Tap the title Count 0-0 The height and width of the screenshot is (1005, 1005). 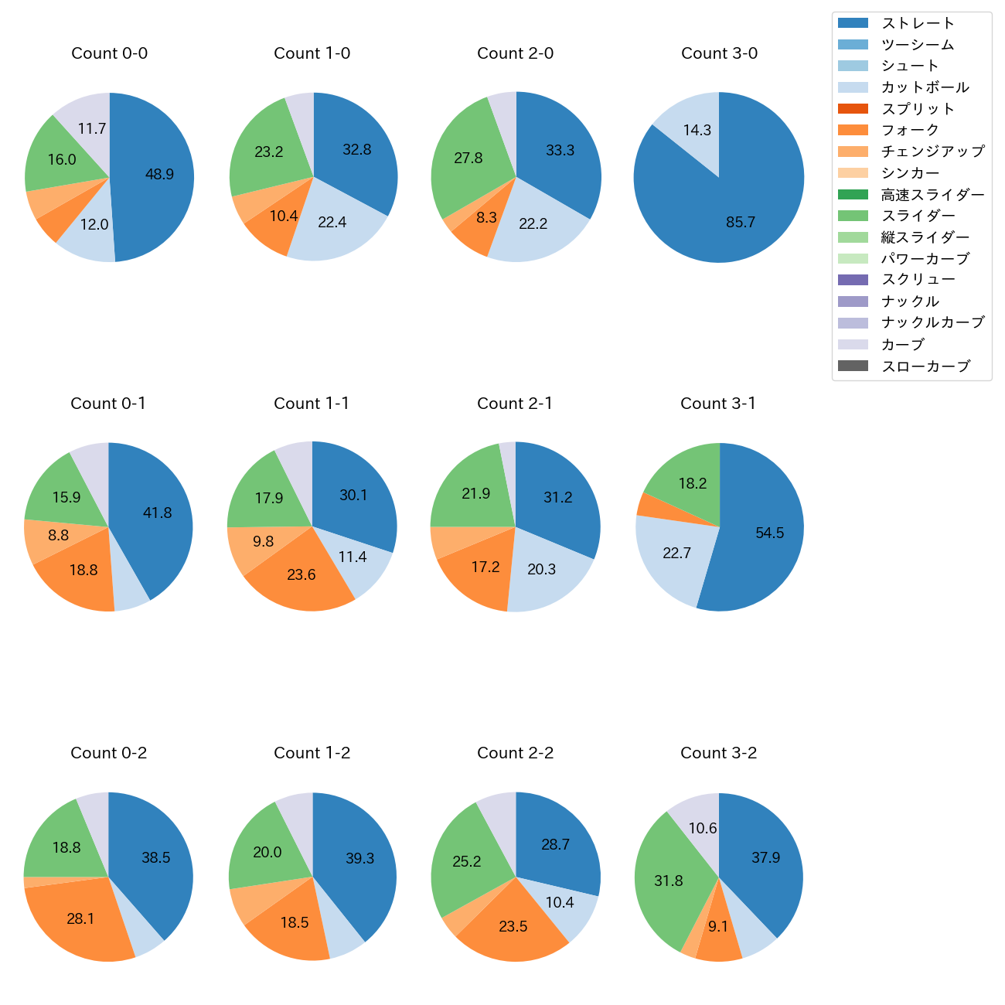point(109,53)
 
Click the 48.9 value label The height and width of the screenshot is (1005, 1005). point(159,175)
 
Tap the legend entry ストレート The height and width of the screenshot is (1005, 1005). point(918,23)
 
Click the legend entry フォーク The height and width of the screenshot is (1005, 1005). point(910,130)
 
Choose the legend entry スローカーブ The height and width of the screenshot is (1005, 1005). point(925,366)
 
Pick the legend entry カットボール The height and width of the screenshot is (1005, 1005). point(925,87)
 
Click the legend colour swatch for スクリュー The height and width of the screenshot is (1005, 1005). point(853,280)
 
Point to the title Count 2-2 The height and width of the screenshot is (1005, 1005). point(515,753)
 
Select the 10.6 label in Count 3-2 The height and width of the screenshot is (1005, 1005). point(703,829)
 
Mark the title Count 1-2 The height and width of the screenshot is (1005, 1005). point(312,753)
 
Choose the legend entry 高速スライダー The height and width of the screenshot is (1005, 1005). point(932,195)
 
